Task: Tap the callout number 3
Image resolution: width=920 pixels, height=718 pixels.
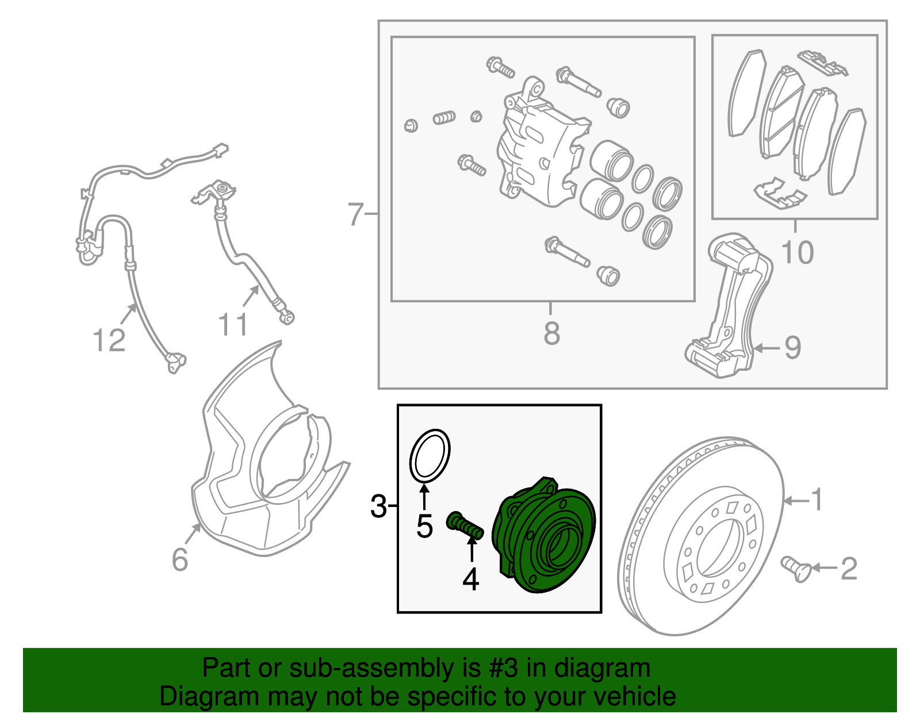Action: coord(378,506)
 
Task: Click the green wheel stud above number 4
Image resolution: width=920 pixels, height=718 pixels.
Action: coord(465,525)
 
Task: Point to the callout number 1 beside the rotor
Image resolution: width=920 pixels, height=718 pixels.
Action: coord(817,500)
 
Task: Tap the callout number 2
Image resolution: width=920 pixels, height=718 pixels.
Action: coord(849,569)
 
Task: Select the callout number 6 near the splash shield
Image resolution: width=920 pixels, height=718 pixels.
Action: coord(180,559)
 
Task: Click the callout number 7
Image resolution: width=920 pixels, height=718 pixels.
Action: coord(356,214)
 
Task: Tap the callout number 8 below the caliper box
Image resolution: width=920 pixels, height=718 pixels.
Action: coord(551,333)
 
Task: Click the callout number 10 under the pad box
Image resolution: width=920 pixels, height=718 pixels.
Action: coord(798,252)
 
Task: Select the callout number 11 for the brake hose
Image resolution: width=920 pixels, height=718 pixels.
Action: coord(233,325)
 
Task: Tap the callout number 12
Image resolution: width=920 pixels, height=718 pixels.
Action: coord(109,340)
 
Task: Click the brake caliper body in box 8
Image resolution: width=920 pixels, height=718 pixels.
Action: coord(538,149)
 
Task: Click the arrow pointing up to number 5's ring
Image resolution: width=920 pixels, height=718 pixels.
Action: coord(424,497)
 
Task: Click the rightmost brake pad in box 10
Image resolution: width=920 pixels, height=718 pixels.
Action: coord(848,152)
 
